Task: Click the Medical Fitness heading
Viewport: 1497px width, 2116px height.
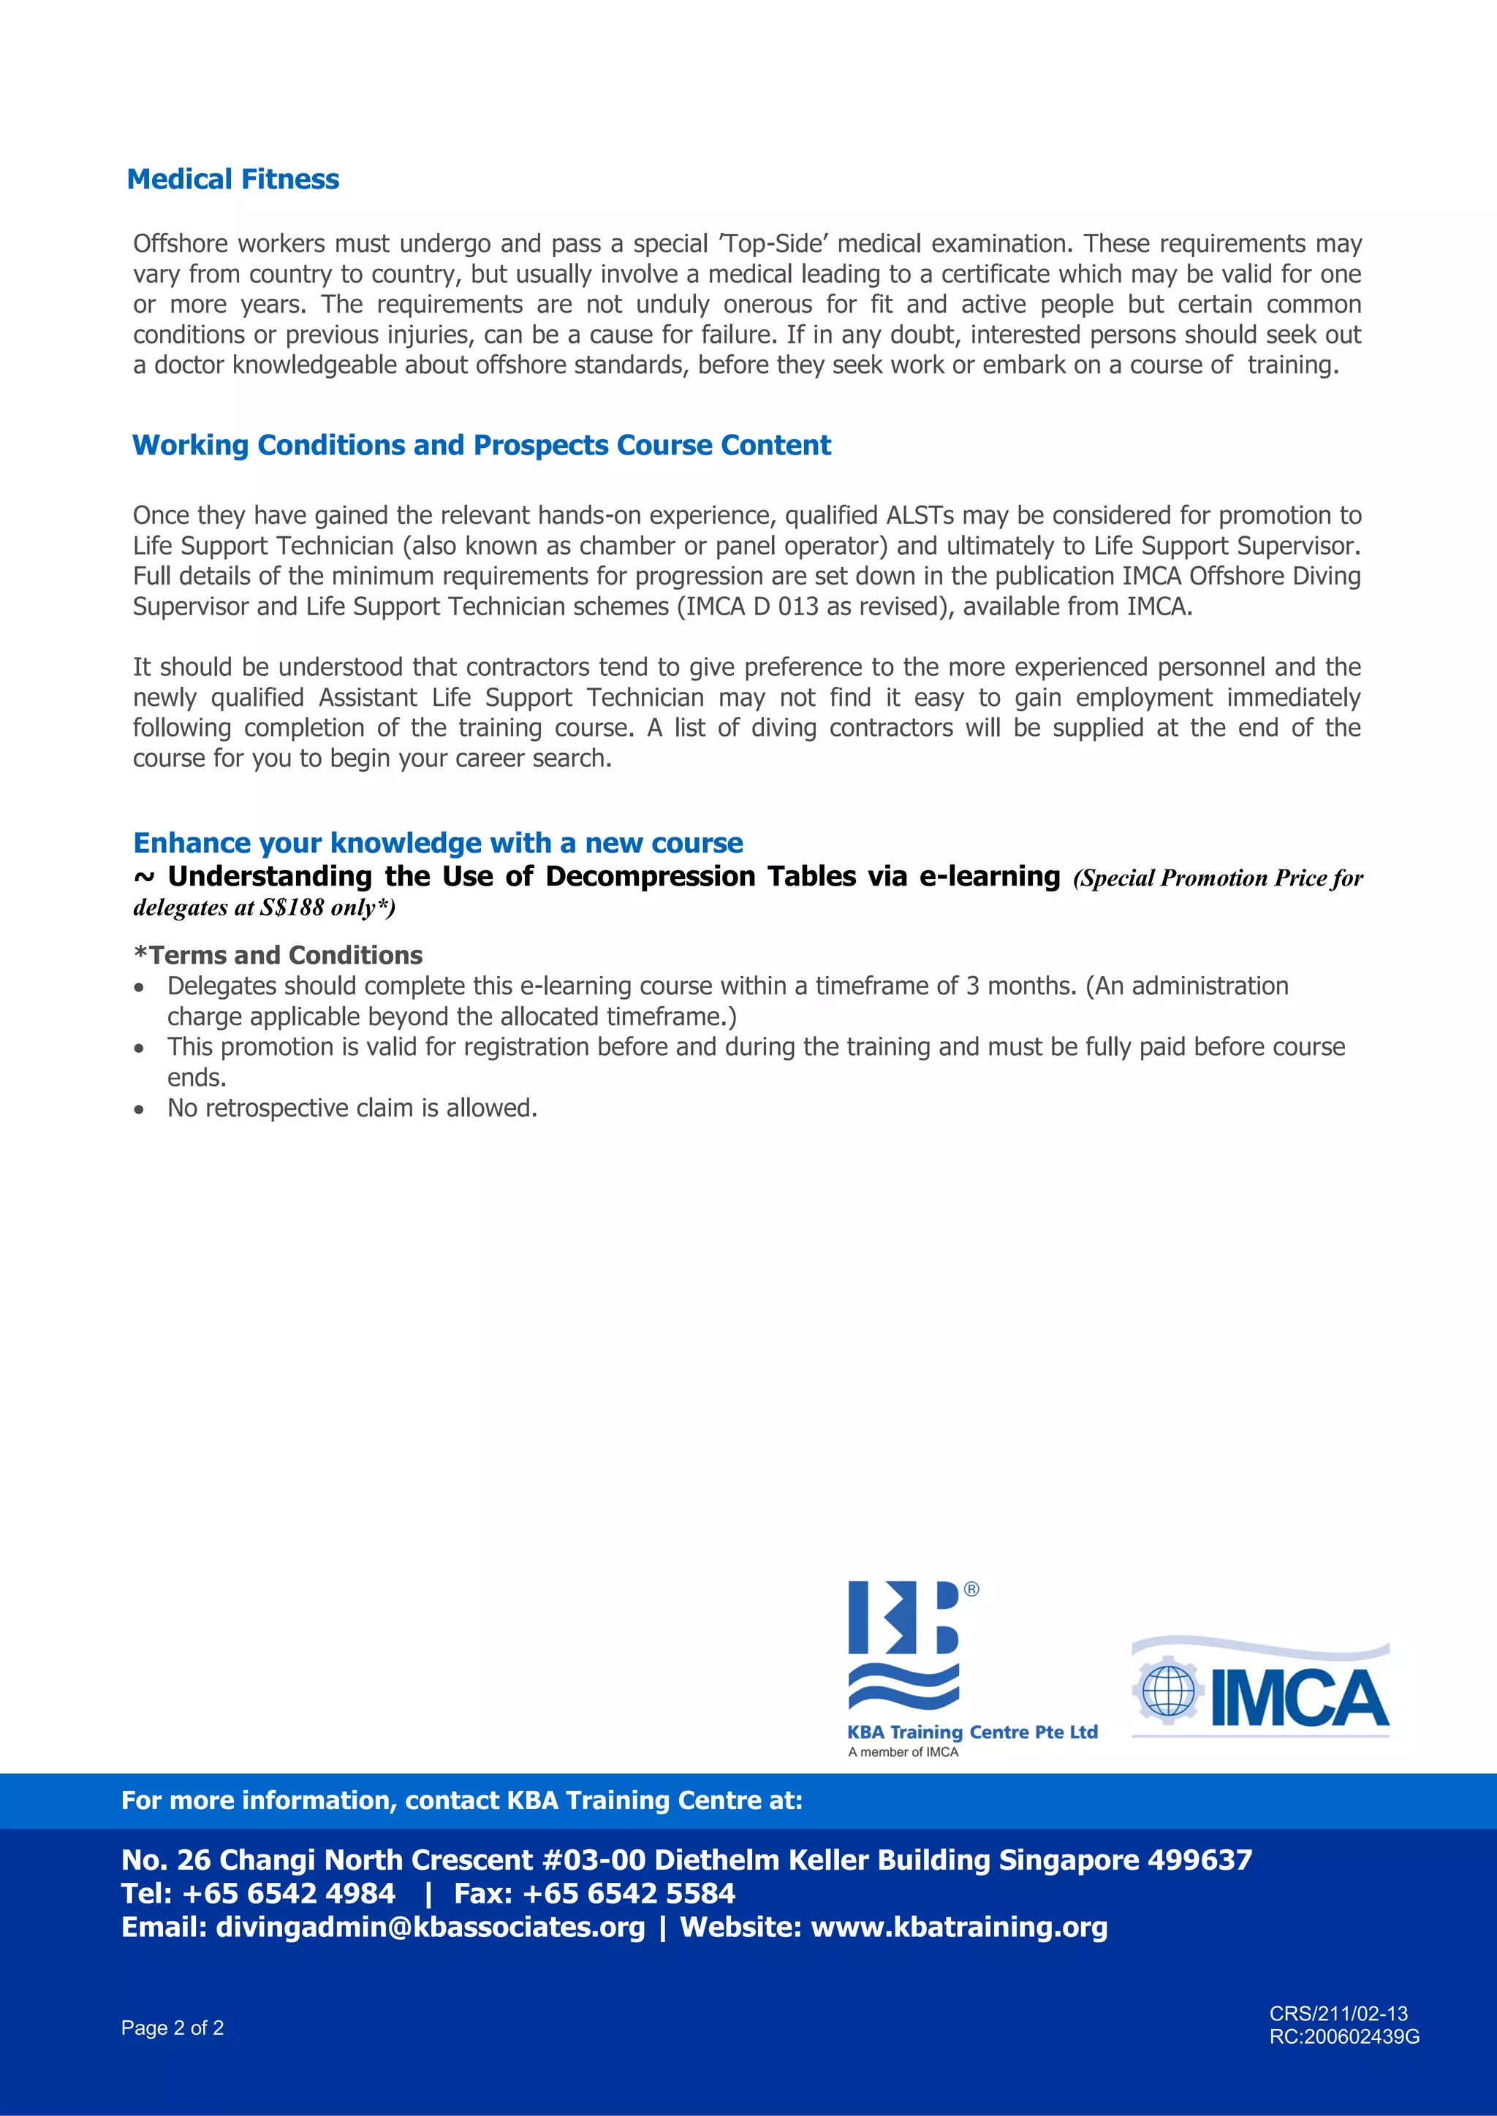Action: (x=232, y=179)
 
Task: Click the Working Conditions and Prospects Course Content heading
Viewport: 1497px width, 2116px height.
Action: (x=481, y=445)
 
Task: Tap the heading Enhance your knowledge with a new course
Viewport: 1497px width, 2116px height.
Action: (x=438, y=842)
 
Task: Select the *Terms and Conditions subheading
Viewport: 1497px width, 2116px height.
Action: (x=278, y=955)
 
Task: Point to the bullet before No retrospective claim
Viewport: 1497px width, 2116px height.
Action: (x=139, y=1108)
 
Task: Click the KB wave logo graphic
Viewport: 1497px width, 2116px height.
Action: (x=904, y=1645)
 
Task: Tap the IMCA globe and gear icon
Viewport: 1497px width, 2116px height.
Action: (x=1168, y=1691)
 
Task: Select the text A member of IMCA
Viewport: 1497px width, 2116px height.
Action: (x=903, y=1752)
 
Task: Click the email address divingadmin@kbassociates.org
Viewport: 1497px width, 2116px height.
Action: (x=430, y=1927)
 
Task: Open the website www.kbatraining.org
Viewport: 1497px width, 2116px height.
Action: (x=959, y=1927)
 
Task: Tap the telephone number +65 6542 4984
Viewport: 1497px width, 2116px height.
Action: (x=289, y=1893)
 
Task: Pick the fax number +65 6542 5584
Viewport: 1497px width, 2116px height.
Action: (x=629, y=1893)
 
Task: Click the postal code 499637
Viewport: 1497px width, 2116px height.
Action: (x=1200, y=1860)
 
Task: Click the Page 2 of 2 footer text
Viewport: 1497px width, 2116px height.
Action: (x=173, y=2028)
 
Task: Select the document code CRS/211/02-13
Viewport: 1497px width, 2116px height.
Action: (x=1338, y=2014)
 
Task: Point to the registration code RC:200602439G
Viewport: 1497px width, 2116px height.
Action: (x=1344, y=2037)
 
